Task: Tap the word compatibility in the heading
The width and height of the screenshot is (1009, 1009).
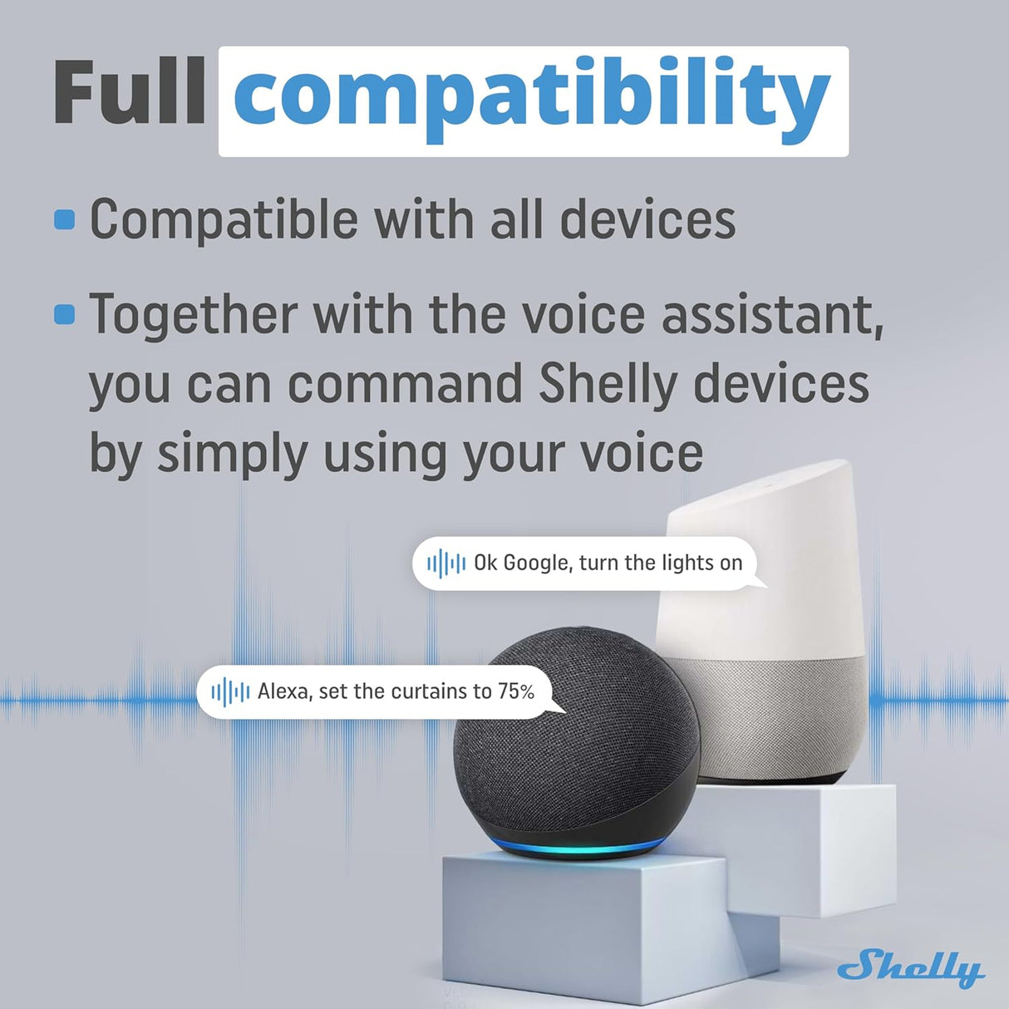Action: pos(532,98)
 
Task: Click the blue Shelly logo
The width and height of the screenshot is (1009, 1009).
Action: pos(910,967)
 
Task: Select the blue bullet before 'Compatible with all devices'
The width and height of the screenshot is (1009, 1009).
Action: pos(64,219)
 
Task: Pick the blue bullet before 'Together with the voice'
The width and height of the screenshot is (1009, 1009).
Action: pos(64,314)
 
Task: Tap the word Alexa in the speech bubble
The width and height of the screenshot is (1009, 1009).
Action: pos(283,691)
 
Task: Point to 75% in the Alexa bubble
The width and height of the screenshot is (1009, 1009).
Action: pos(516,691)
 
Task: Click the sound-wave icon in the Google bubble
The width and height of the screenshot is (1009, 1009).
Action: pos(446,564)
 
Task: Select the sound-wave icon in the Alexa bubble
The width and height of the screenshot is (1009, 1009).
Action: pos(230,692)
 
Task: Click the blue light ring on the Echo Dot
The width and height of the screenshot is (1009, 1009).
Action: pos(573,850)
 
